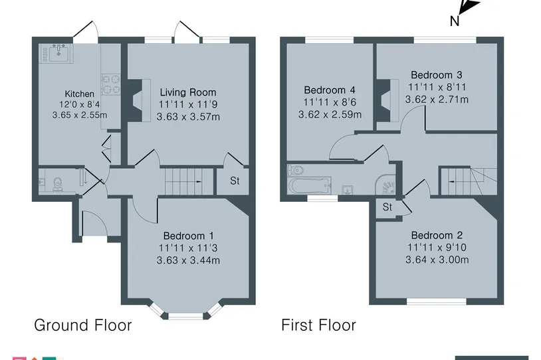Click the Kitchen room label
[79, 94]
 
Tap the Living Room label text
[188, 92]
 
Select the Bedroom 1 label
[188, 236]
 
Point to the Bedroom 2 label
[437, 235]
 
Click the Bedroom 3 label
[437, 75]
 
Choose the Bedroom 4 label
[330, 90]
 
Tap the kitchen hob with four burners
[111, 85]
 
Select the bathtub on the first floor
[310, 186]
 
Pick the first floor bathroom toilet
[295, 169]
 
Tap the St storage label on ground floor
[235, 181]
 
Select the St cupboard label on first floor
[387, 207]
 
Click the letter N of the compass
[455, 21]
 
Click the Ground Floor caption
[83, 325]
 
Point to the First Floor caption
[318, 325]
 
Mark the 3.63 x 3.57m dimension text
[188, 117]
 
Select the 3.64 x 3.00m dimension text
[437, 260]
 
